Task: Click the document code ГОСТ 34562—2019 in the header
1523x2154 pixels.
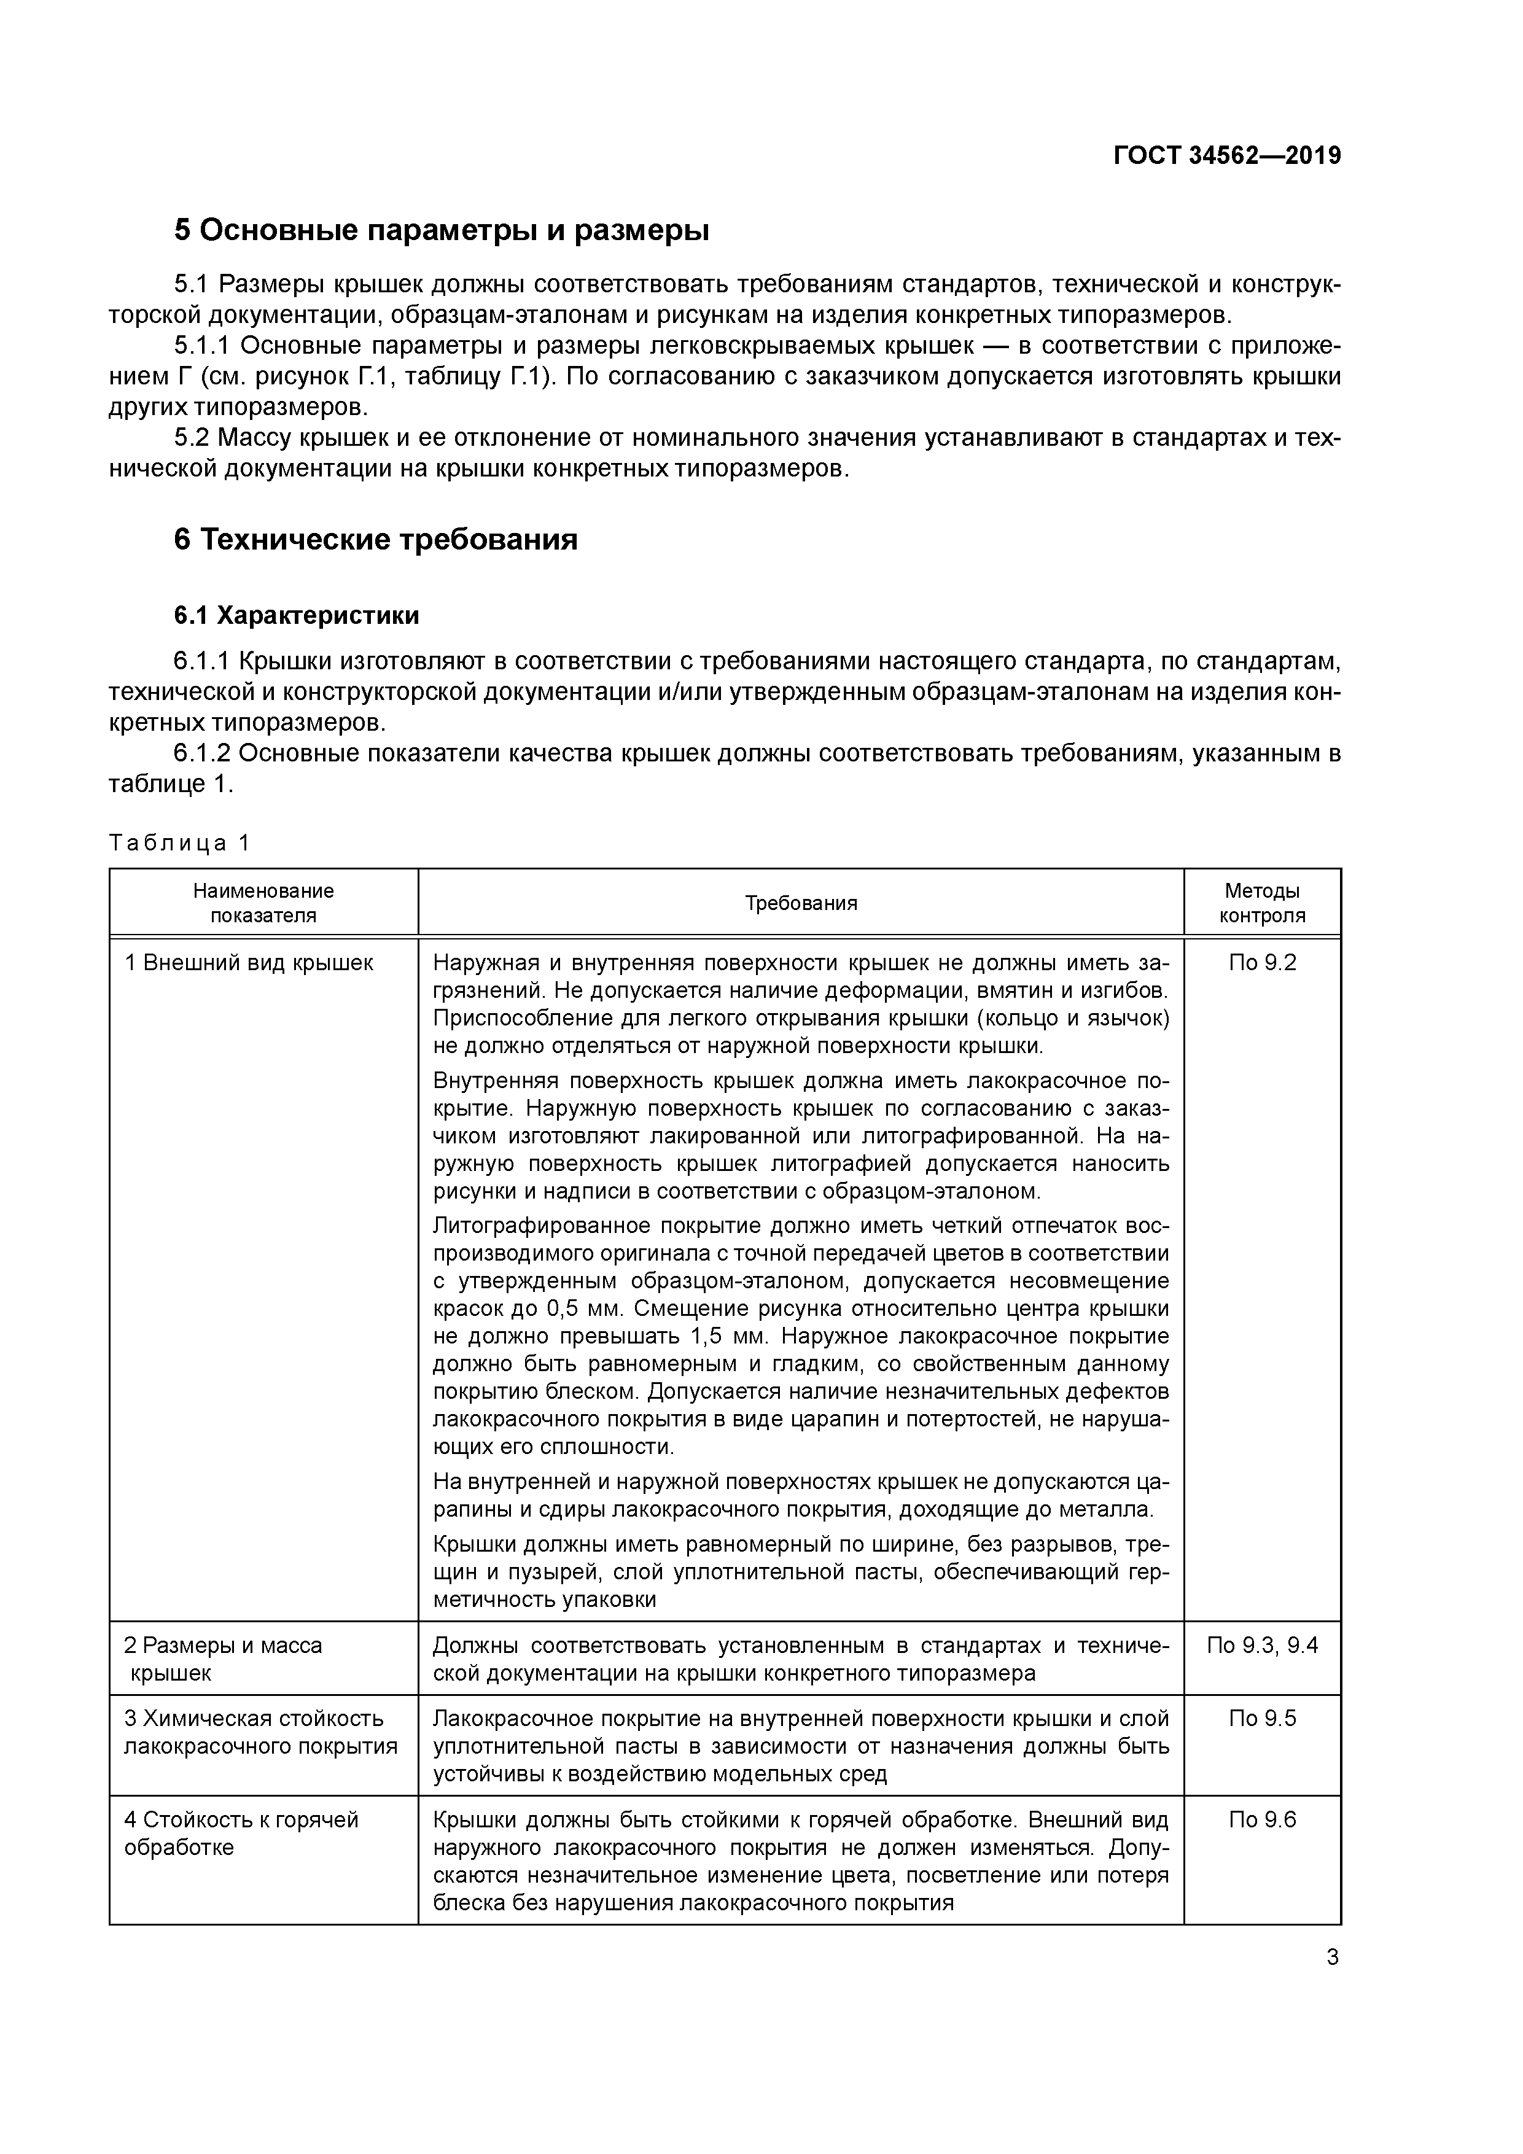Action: coord(1226,156)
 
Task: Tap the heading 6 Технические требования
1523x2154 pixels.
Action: coord(375,540)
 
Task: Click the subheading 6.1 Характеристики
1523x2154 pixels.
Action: coord(297,616)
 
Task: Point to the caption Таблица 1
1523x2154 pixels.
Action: coord(179,842)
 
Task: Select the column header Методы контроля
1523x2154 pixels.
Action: coord(1262,903)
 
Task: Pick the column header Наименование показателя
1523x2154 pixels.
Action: coord(263,903)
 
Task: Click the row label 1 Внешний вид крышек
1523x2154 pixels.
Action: coord(249,963)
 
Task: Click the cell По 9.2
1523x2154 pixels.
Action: coord(1262,963)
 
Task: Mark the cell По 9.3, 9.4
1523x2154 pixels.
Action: coord(1262,1646)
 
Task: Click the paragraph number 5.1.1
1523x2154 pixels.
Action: coord(202,346)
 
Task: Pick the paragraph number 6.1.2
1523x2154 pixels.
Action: coord(202,753)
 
